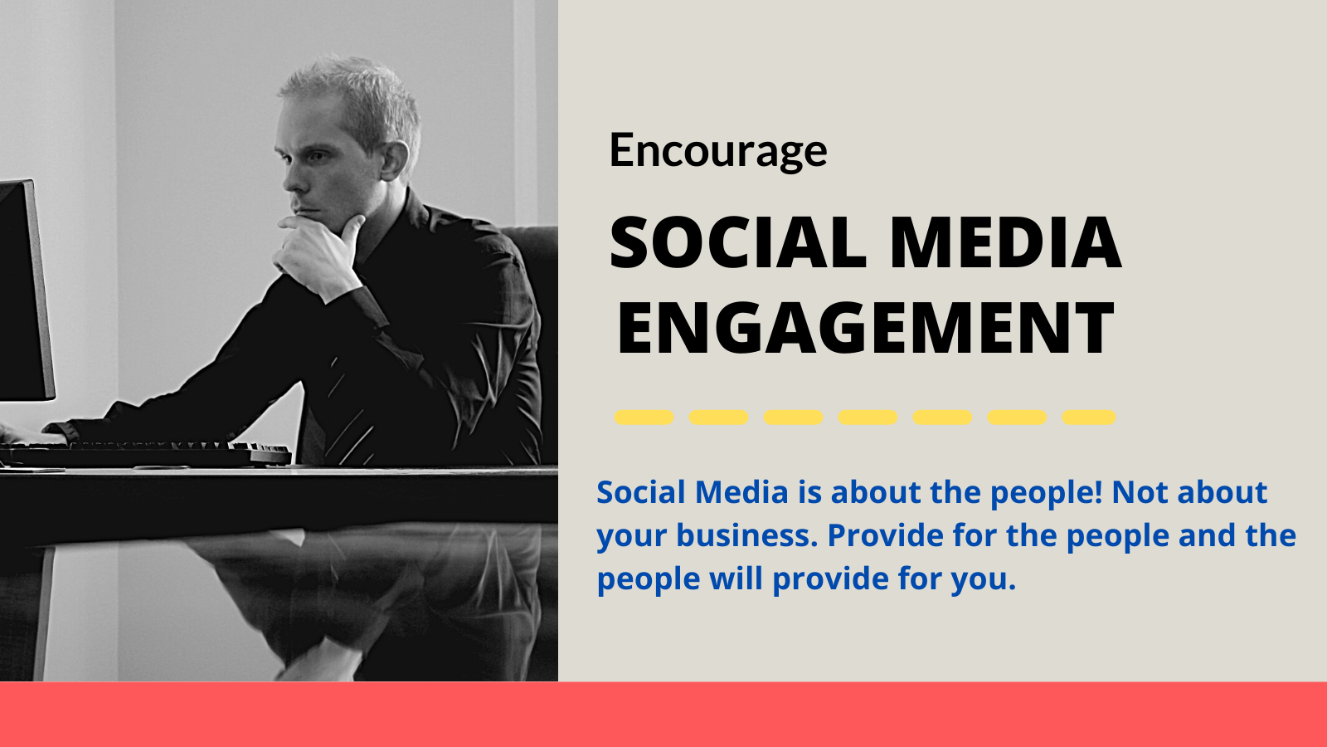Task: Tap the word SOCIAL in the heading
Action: pos(738,243)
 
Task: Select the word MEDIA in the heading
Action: pos(1006,243)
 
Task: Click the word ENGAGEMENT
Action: pos(866,328)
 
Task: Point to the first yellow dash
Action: pos(644,417)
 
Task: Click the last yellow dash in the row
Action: pos(1089,417)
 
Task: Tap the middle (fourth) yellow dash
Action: pos(868,417)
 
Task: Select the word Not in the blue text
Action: pos(1140,493)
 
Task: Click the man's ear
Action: pos(395,159)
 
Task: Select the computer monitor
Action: pos(24,290)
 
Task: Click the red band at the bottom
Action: pos(663,715)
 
